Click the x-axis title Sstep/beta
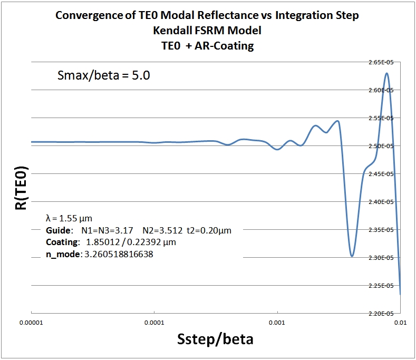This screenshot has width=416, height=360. point(215,338)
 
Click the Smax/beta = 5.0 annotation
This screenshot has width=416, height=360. point(103,75)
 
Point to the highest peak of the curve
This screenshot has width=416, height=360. point(387,73)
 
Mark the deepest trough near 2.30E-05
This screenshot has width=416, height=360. point(352,256)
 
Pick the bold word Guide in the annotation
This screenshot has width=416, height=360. point(58,230)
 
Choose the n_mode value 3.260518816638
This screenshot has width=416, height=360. point(123,255)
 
